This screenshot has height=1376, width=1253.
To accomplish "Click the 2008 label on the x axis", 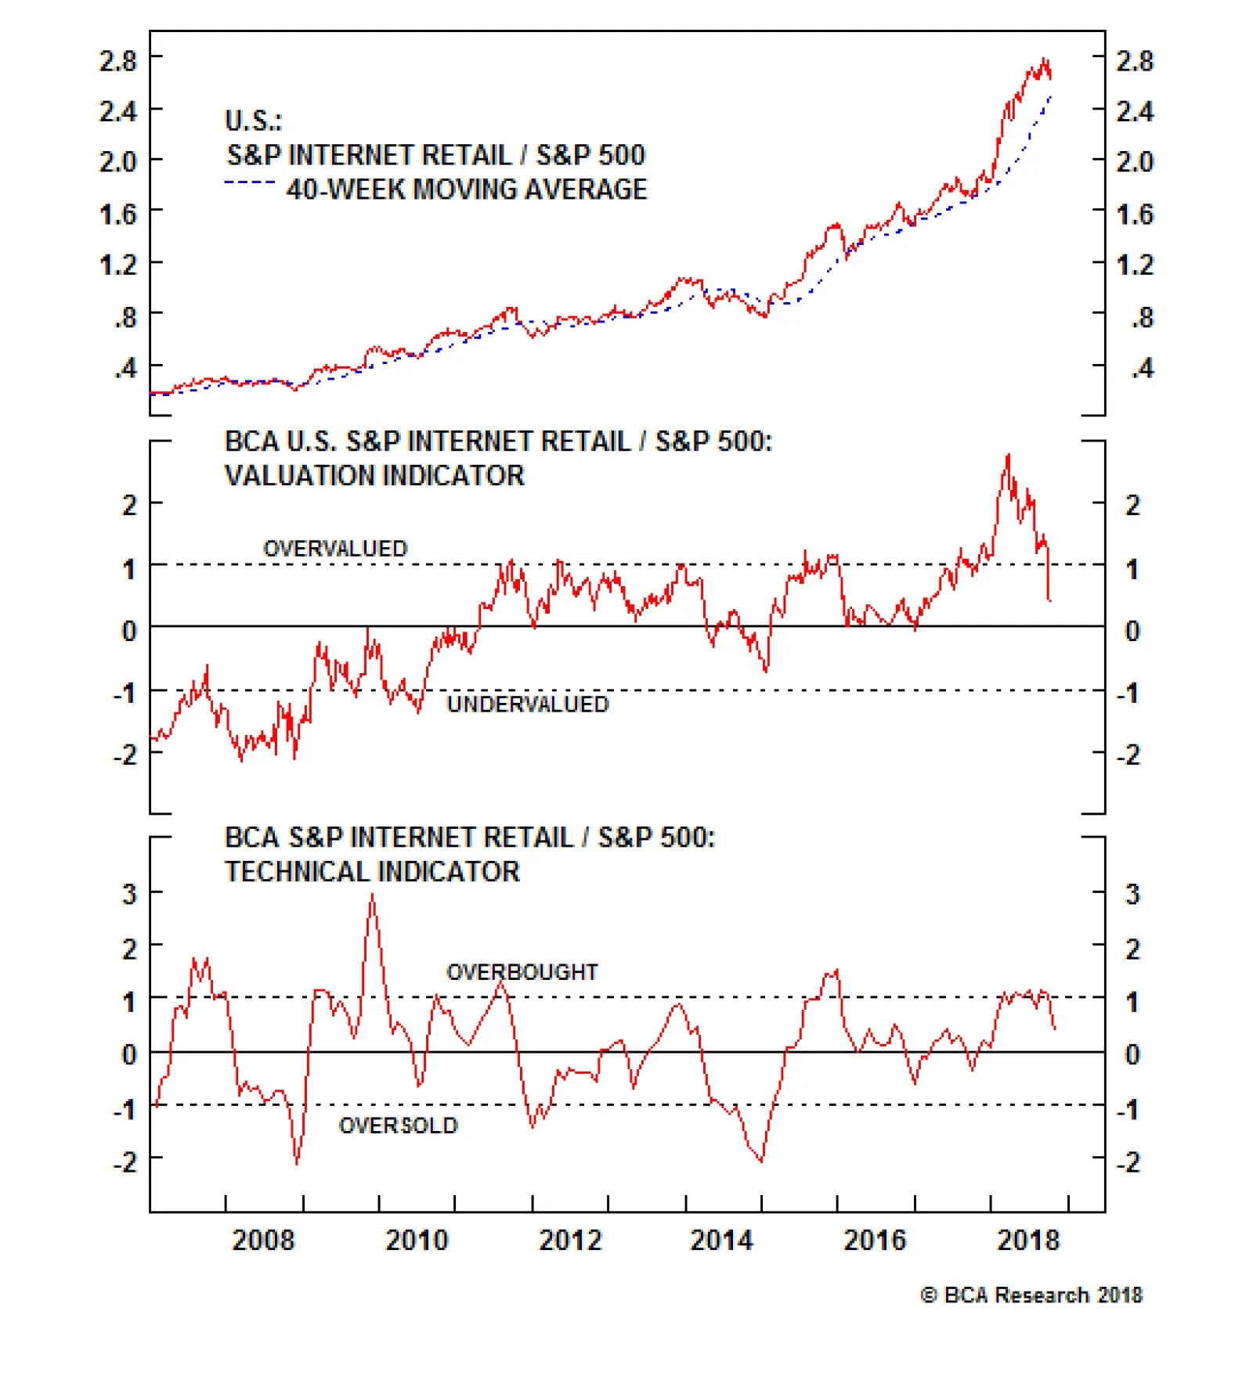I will (263, 1240).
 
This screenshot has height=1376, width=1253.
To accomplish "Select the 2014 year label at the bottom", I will (721, 1240).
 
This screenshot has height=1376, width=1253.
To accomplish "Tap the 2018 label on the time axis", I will (1028, 1240).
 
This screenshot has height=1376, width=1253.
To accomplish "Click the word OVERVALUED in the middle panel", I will (335, 549).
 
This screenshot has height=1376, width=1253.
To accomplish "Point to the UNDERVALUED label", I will (528, 704).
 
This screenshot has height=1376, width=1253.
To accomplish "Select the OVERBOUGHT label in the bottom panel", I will (522, 972).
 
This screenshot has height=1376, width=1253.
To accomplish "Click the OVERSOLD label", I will (398, 1126).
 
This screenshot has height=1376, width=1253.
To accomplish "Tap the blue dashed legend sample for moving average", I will (249, 183).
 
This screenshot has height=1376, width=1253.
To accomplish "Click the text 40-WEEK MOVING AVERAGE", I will (467, 189).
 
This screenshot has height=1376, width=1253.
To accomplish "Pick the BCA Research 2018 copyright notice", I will (1031, 1295).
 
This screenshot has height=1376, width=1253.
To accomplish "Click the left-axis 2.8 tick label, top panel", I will (117, 60).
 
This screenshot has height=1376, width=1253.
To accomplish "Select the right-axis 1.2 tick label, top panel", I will (1135, 265).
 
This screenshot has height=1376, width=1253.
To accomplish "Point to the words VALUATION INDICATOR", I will (374, 476).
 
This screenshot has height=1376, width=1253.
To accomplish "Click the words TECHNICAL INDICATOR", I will (372, 872).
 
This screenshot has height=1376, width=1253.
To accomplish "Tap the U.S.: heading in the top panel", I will (253, 121).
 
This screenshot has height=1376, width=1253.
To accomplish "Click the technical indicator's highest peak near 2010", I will (372, 895).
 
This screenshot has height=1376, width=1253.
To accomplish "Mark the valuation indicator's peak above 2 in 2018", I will (1008, 455).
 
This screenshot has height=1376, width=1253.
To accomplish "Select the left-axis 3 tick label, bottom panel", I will (129, 894).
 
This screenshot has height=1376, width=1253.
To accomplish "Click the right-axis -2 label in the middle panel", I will (1128, 755).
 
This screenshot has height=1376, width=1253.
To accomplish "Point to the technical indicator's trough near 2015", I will (760, 1161).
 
